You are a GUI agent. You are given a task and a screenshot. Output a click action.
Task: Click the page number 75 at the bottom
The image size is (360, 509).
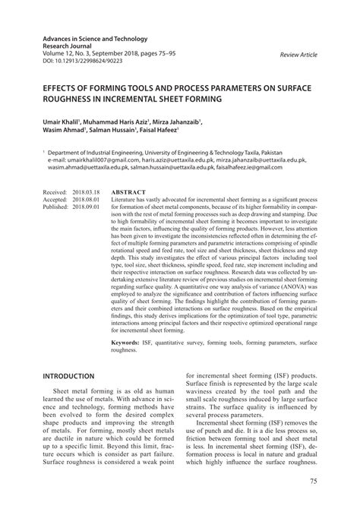tap(314, 481)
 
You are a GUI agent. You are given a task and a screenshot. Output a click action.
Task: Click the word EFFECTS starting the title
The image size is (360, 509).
tap(64, 87)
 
